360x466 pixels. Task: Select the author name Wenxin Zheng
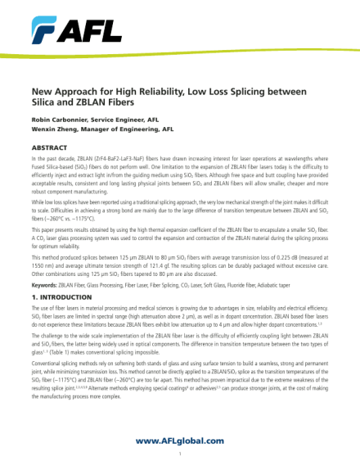(x=55, y=129)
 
